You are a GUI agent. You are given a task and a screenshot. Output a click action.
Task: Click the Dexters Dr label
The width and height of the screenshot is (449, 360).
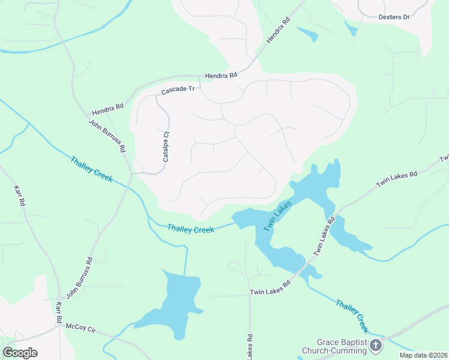coord(394,17)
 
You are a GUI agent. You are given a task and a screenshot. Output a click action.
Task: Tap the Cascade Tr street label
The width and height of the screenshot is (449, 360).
coord(178,90)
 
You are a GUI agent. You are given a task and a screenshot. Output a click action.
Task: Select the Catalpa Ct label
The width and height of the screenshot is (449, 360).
coord(166,146)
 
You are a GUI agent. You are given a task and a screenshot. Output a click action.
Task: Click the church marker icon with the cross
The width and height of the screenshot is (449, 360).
coord(376,345)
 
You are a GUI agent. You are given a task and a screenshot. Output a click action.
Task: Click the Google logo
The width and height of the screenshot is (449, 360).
coord(20,352)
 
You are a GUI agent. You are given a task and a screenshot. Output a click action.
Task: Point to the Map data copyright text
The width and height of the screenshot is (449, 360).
coord(424,355)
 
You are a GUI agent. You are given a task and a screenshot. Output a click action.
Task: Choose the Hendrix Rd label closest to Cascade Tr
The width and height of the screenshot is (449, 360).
coord(221,76)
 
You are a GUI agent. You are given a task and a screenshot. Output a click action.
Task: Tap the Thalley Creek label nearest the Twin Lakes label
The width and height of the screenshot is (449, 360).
coord(191,229)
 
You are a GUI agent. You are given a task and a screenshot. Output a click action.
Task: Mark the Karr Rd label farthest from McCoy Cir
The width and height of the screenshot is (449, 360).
coord(20,196)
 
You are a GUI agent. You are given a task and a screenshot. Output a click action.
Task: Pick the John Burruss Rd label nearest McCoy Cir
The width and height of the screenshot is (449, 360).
coord(80,278)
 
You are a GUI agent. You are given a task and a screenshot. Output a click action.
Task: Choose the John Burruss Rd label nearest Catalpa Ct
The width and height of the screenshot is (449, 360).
coord(107,135)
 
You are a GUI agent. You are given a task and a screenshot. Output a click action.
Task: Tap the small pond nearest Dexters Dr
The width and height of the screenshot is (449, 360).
coord(351,28)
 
